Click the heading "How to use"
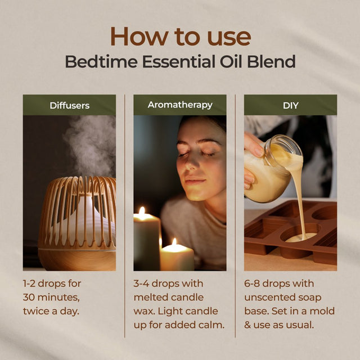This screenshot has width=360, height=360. pos(180,36)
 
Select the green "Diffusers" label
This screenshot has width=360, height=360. pos(69,105)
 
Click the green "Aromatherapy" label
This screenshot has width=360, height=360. pos(180,105)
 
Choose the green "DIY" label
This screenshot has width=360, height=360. pos(290,105)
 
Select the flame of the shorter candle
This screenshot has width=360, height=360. pos(173,242)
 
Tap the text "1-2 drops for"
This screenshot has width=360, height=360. pos(52,283)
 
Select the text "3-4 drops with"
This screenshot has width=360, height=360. pos(168,283)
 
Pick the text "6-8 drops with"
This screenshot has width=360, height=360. pos(279,283)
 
